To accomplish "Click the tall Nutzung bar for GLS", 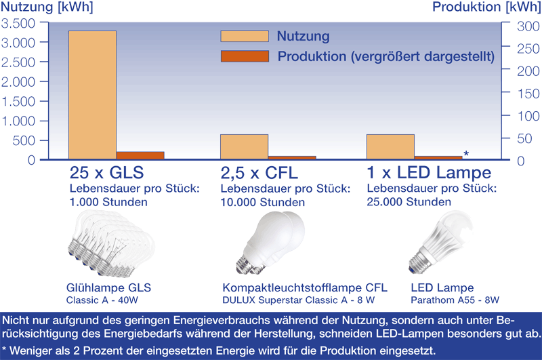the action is point(92,95).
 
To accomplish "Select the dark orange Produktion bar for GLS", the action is point(140,156).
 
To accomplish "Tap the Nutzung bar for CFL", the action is point(245,147).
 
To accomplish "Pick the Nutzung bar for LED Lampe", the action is point(391,147).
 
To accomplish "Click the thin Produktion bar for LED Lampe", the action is point(438,158).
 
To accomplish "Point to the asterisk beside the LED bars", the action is point(466,153).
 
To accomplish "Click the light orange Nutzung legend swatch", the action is point(245,37).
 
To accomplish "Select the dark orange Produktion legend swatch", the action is point(245,56).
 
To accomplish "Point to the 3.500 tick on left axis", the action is point(18,24).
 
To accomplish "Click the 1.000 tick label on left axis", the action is point(18,121).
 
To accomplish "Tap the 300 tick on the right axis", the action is point(528,26).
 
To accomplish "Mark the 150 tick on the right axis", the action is point(528,94).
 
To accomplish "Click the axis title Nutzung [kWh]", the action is point(47,7).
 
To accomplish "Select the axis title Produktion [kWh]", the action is point(486,7).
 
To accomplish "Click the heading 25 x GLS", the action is point(106,173).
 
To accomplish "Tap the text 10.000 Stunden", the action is point(263,202).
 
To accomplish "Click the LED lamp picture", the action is point(440,241).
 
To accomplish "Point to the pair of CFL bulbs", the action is point(270,243).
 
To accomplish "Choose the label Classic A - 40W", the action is point(102,300).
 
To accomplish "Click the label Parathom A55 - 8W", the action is point(455,300).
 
